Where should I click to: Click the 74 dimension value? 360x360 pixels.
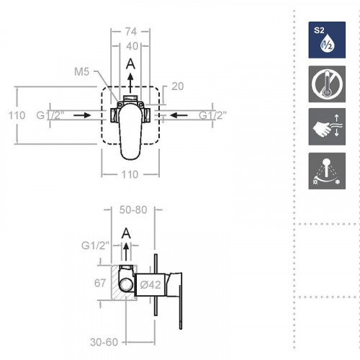click(x=130, y=32)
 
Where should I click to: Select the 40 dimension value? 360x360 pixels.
click(x=130, y=46)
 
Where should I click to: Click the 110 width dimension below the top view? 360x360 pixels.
click(x=130, y=174)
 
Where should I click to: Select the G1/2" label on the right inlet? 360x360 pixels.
click(x=212, y=114)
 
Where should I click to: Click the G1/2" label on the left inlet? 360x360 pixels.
click(x=50, y=114)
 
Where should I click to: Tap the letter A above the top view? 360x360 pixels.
click(x=130, y=63)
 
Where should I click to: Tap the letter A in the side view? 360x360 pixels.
click(x=127, y=232)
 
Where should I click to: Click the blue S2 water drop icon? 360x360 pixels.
click(x=321, y=39)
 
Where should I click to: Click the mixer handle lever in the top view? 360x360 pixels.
click(x=130, y=137)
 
